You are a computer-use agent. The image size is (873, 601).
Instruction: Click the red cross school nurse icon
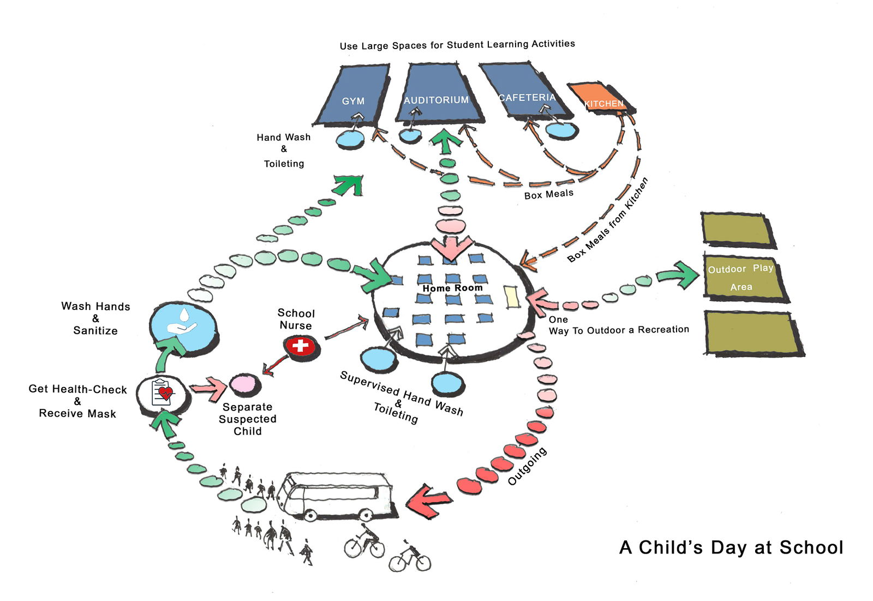pyautogui.click(x=300, y=346)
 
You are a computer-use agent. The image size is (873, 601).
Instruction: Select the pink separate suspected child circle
pyautogui.click(x=244, y=384)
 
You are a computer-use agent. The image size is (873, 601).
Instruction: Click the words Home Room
pyautogui.click(x=452, y=288)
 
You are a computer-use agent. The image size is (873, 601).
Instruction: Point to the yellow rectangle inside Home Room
pyautogui.click(x=512, y=297)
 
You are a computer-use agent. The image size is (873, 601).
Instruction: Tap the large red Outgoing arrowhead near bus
pyautogui.click(x=428, y=501)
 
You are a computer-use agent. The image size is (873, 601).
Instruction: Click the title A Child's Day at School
pyautogui.click(x=731, y=548)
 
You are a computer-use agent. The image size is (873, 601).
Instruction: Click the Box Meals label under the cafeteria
pyautogui.click(x=548, y=194)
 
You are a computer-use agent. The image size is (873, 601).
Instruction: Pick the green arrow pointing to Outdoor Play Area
pyautogui.click(x=678, y=274)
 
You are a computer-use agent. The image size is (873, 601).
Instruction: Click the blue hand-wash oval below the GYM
pyautogui.click(x=350, y=139)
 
